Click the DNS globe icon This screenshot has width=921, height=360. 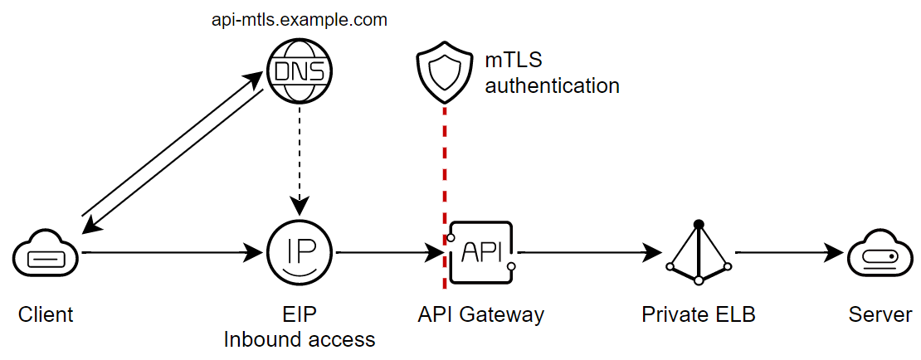tap(300, 73)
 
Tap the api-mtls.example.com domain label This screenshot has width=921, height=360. tap(300, 20)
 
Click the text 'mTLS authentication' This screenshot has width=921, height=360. tap(552, 73)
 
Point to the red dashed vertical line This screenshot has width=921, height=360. tap(445, 166)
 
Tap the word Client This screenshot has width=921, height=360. tap(46, 315)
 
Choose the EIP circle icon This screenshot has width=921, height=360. tap(300, 252)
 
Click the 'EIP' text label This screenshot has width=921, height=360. tap(300, 315)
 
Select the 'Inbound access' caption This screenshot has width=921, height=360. tap(300, 339)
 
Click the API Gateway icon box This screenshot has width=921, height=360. tap(480, 252)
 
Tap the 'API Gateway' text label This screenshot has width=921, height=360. tap(481, 315)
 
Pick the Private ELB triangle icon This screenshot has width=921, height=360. tap(699, 252)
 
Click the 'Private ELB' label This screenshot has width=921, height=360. tap(699, 315)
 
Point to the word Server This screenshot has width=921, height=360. tap(880, 315)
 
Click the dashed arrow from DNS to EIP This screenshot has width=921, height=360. tap(300, 158)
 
